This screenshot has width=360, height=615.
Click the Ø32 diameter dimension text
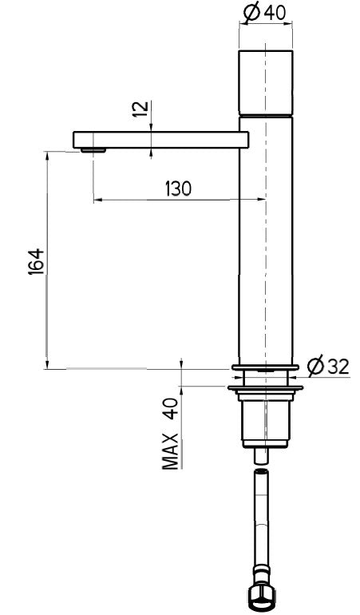point(328,367)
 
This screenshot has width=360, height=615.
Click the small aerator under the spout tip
point(94,149)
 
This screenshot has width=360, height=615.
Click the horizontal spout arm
point(160,140)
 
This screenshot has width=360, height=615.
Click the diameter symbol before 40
point(250,12)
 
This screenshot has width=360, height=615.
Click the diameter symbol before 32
point(315,367)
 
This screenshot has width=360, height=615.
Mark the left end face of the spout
point(74,140)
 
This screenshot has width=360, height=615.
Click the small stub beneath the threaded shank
point(263,457)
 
